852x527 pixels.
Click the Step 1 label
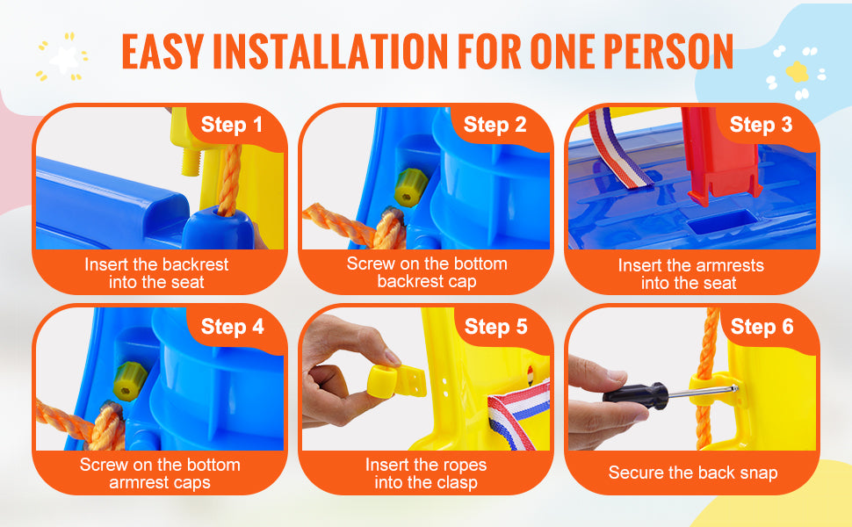click(232, 125)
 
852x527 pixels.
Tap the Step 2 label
click(495, 125)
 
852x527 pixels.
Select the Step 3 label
click(761, 125)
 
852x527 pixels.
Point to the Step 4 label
click(233, 327)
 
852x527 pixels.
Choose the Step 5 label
click(495, 327)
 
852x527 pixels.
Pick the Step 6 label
click(762, 327)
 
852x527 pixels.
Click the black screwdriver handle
click(635, 393)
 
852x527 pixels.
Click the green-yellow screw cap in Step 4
click(130, 381)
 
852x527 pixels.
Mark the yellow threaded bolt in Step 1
click(191, 162)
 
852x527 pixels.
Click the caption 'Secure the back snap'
click(693, 473)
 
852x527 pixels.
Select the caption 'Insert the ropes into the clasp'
click(426, 473)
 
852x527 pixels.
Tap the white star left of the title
click(64, 59)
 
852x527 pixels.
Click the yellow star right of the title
click(798, 71)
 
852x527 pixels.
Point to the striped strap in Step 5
click(518, 415)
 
